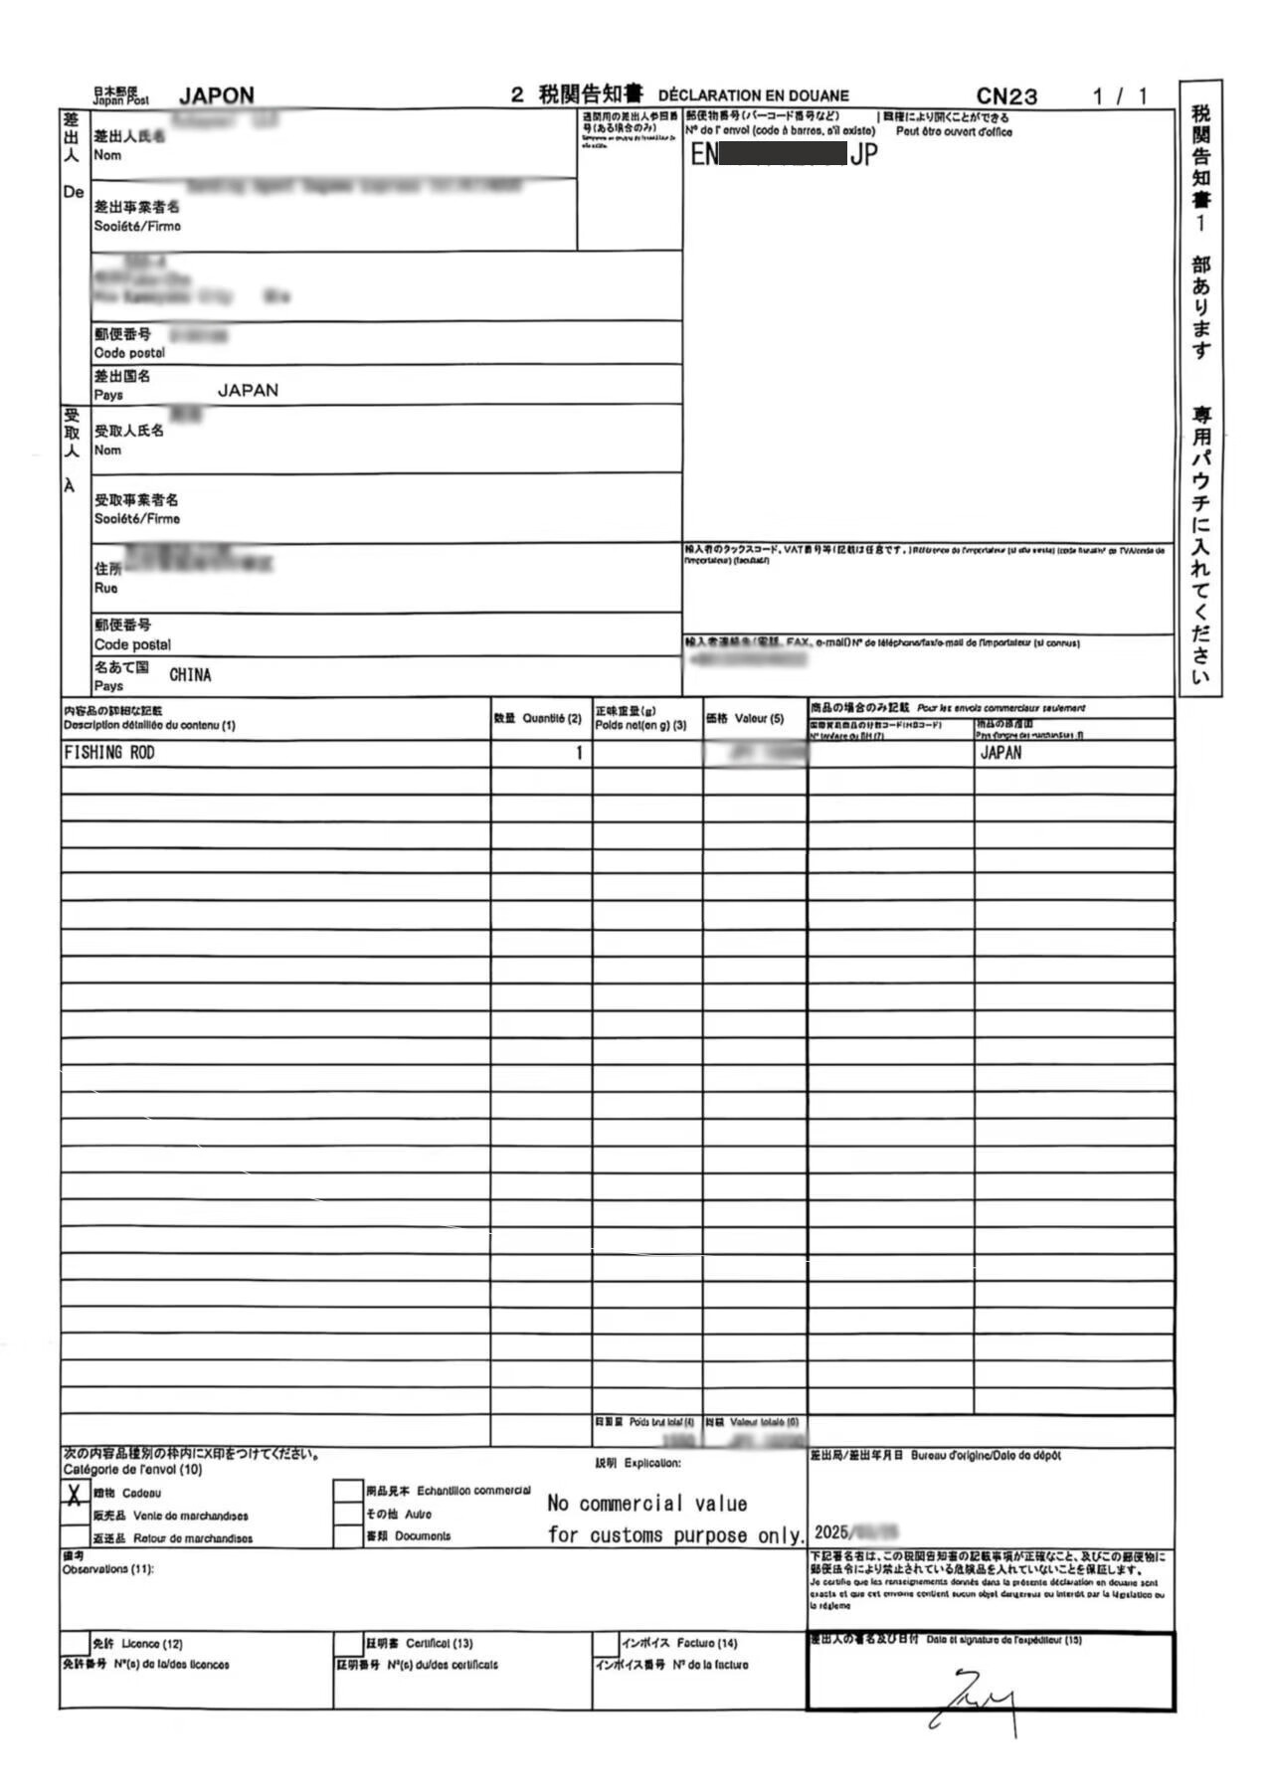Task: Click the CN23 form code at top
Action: click(1005, 96)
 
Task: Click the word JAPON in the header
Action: click(216, 95)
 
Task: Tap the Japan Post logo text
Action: click(120, 95)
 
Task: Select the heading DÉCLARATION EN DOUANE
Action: click(753, 95)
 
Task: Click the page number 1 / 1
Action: click(1119, 96)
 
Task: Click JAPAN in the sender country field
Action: click(248, 390)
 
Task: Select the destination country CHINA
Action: click(190, 675)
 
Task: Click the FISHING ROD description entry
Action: click(109, 753)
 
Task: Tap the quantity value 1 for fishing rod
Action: click(579, 753)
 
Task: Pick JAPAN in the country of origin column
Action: click(1000, 753)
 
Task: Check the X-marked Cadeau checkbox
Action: click(75, 1493)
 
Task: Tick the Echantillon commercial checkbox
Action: click(348, 1492)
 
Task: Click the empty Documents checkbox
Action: click(348, 1536)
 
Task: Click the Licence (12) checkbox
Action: click(75, 1644)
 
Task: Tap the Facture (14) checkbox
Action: click(606, 1644)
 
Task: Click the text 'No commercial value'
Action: click(646, 1503)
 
